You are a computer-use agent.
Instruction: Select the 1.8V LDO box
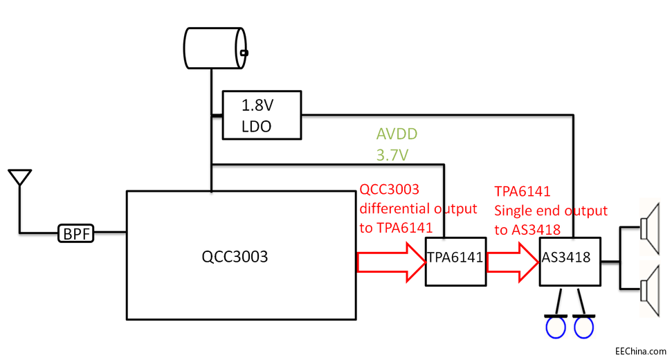pos(261,115)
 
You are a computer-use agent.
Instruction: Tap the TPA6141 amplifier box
pos(455,258)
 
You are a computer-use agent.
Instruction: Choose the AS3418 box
pos(569,258)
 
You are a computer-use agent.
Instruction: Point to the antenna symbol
pos(20,178)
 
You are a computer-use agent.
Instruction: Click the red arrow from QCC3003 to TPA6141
pos(391,262)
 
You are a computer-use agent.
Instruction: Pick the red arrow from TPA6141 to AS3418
pos(511,262)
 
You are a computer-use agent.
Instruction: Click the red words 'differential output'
pos(418,208)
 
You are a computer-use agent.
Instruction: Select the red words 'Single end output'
pos(551,210)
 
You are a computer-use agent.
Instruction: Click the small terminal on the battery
pos(243,52)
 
